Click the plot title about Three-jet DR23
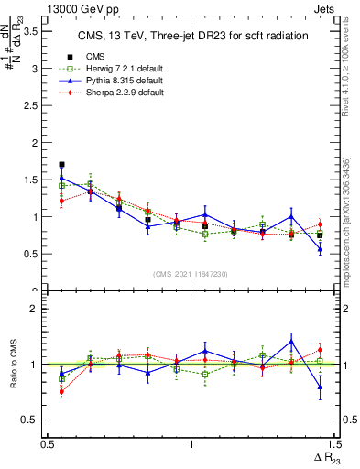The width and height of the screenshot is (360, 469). (x=191, y=36)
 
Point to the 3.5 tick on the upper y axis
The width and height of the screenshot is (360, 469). (x=37, y=31)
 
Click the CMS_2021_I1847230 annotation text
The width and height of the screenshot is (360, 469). (x=191, y=275)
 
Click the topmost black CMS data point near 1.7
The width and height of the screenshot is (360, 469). (x=61, y=165)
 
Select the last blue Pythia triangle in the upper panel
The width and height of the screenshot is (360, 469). (x=320, y=249)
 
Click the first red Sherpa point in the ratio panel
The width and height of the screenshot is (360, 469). (x=61, y=391)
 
